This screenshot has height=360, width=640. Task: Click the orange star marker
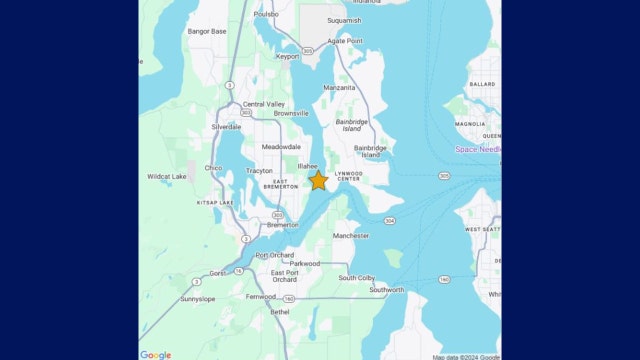coord(318,180)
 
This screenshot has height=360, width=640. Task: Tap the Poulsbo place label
coord(266,15)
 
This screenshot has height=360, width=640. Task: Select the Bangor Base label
coord(207,31)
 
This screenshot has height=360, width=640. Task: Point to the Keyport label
coord(287,57)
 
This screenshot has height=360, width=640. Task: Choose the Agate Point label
coord(345,41)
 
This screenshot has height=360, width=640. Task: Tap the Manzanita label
coord(339,88)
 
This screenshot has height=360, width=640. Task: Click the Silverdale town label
coord(227,127)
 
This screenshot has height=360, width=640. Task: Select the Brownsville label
coord(277,114)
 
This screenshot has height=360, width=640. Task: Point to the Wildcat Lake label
coord(167,177)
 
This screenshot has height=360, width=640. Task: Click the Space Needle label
coord(478,149)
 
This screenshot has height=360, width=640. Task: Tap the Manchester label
coord(350,236)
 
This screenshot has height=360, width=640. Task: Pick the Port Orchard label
coord(275,255)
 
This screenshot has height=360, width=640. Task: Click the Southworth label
coord(387,290)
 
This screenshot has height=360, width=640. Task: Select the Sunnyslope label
coord(198,298)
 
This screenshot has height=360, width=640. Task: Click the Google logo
coord(156,354)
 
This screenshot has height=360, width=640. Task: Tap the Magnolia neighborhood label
coord(470,125)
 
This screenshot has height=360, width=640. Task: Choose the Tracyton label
coord(260,171)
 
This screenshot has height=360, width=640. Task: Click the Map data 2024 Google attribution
coord(466,356)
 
